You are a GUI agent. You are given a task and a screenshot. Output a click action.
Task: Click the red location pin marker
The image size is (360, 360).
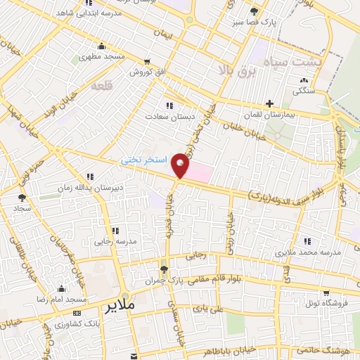click(181, 164)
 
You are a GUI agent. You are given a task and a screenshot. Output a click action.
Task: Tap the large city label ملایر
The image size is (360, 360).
click(120, 307)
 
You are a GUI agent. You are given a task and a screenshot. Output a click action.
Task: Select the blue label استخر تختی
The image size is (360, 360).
click(144, 160)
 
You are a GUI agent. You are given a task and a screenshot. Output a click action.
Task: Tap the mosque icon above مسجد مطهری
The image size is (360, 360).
click(102, 46)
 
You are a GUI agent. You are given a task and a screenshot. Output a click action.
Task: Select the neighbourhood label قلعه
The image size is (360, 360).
click(102, 85)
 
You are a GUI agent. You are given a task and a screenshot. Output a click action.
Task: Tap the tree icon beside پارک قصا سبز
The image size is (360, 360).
click(254, 11)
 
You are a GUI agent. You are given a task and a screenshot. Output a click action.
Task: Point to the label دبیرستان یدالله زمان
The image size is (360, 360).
click(84, 188)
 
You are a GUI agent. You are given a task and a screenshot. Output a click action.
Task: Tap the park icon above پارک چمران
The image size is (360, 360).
click(164, 269)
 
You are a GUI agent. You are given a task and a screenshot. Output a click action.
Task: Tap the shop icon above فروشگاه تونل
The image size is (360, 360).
click(325, 292)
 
